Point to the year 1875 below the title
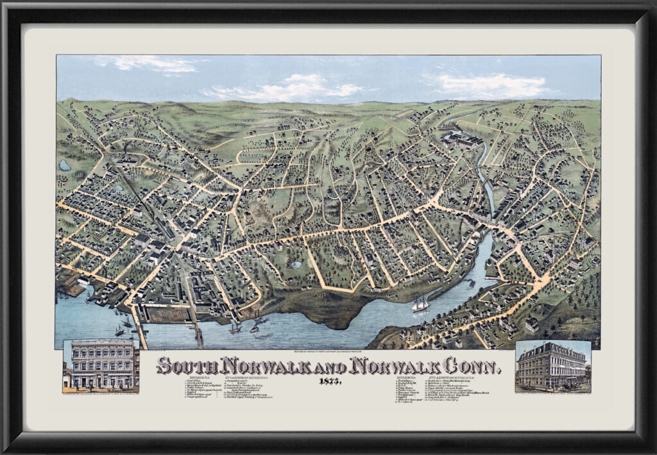coord(328,381)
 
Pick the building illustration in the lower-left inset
coord(101,365)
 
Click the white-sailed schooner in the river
coord(420,304)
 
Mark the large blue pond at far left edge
coord(65,165)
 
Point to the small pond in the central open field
coord(296,264)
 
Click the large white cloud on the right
coord(494,85)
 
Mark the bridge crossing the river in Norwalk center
coord(482,222)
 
